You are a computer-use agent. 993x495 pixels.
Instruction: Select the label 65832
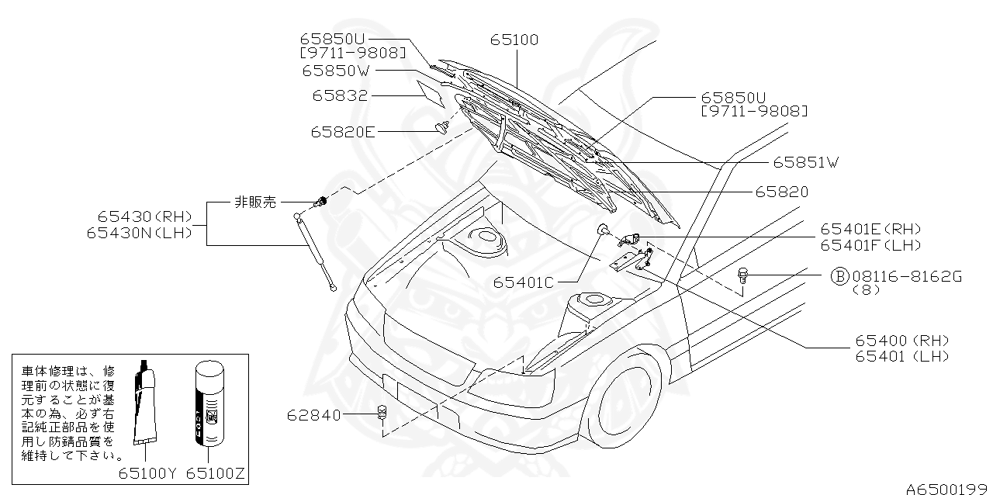coord(340,95)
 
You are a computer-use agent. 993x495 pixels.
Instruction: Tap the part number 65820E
coord(343,132)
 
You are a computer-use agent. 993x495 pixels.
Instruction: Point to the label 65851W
coord(805,162)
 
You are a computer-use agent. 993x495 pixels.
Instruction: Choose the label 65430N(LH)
coord(139,233)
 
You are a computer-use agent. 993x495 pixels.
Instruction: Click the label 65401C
coord(523,282)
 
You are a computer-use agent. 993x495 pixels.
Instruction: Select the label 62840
coord(313,415)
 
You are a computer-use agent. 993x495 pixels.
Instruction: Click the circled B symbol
coord(840,276)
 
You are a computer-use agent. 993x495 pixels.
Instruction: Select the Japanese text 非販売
coord(255,202)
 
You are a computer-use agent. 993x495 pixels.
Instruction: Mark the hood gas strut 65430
coord(316,252)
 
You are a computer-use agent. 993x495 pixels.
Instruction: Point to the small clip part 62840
coord(382,412)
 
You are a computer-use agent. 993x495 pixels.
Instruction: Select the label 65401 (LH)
coord(902,356)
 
